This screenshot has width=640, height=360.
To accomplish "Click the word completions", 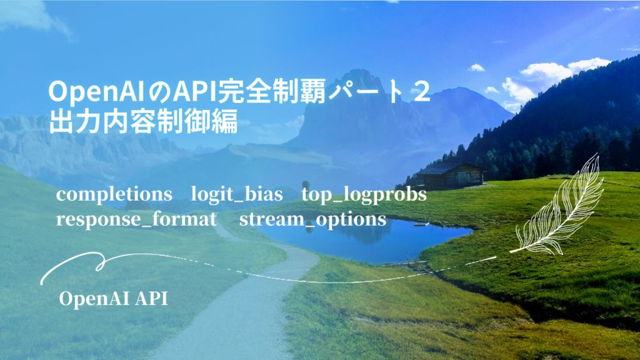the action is [x=114, y=195].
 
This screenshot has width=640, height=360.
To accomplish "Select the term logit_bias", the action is [x=237, y=195].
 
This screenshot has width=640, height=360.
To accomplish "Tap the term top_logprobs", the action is [x=364, y=195].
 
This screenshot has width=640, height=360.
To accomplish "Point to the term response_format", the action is [x=136, y=219].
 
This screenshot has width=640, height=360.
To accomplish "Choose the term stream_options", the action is [x=312, y=219].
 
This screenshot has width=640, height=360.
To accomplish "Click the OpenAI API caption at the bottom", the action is [x=113, y=298].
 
